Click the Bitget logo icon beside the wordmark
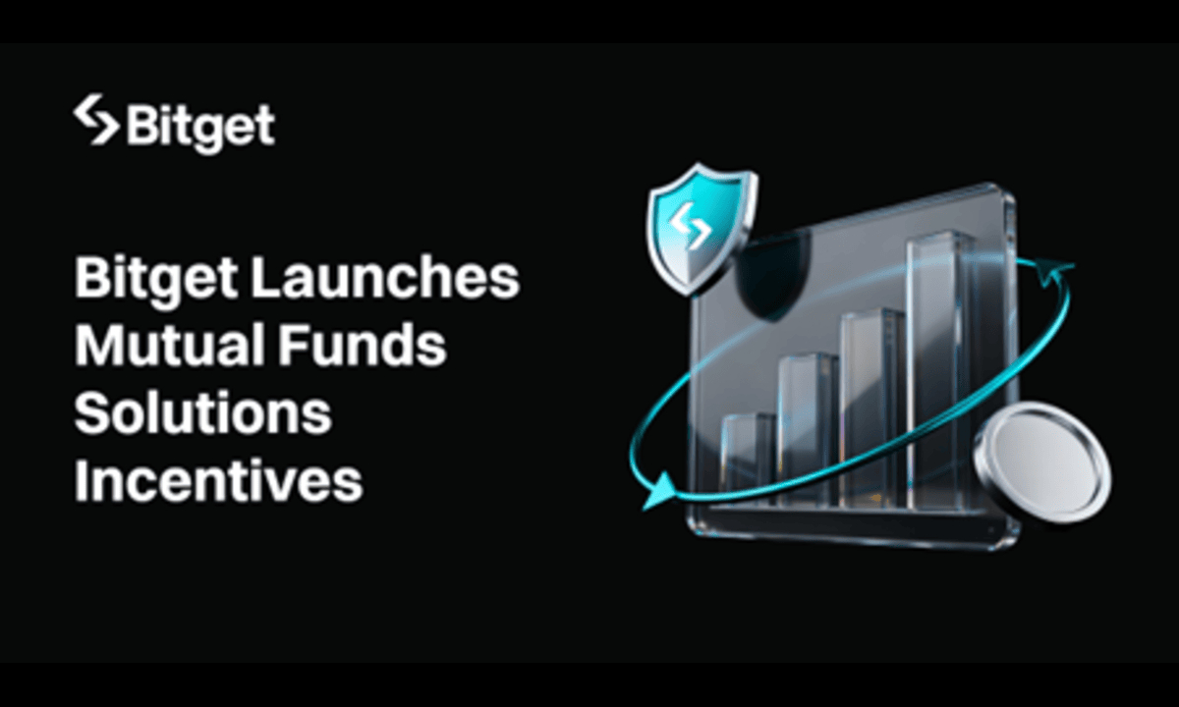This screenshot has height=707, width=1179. coord(95,119)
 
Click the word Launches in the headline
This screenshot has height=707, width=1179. coord(385,279)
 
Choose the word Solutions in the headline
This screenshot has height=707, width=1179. coord(202,413)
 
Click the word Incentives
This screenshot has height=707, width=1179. coord(218,481)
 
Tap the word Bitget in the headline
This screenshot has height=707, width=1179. coord(154,279)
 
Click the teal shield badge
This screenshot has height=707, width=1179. coord(701,229)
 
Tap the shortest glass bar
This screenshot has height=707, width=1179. coord(750,457)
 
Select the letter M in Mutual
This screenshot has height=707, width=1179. coord(98,346)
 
